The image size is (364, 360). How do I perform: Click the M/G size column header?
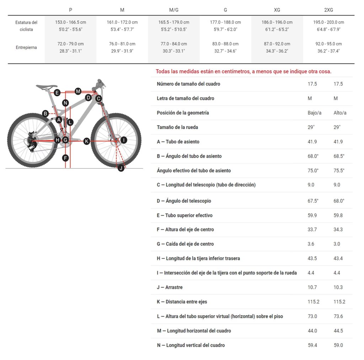pyautogui.click(x=173, y=10)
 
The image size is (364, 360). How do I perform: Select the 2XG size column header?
pyautogui.click(x=328, y=10)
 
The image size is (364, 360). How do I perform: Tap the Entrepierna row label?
pyautogui.click(x=26, y=47)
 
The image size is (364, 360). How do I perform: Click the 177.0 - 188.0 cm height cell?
pyautogui.click(x=225, y=22)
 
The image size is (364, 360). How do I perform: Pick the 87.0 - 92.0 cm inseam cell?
pyautogui.click(x=277, y=44)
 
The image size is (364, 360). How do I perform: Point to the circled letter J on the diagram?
pyautogui.click(x=121, y=168)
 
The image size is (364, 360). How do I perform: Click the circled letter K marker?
pyautogui.click(x=87, y=141)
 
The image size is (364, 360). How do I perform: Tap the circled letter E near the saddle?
pyautogui.click(x=57, y=93)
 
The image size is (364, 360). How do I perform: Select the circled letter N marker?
pyautogui.click(x=65, y=103)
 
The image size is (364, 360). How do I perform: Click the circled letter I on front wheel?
pyautogui.click(x=124, y=140)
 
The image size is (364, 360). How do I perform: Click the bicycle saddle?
pyautogui.click(x=47, y=87)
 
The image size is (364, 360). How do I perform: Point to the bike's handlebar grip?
pyautogui.click(x=100, y=81)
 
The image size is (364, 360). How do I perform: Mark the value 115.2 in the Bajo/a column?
pyautogui.click(x=314, y=302)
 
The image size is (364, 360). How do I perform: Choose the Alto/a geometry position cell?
pyautogui.click(x=340, y=113)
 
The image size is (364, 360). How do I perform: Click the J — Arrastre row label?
pyautogui.click(x=170, y=287)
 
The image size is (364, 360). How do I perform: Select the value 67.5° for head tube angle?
pyautogui.click(x=313, y=201)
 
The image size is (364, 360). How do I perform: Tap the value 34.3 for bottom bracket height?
pyautogui.click(x=338, y=229)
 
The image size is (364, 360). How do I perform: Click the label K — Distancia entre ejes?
pyautogui.click(x=182, y=302)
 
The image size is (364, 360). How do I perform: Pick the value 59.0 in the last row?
pyautogui.click(x=338, y=345)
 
